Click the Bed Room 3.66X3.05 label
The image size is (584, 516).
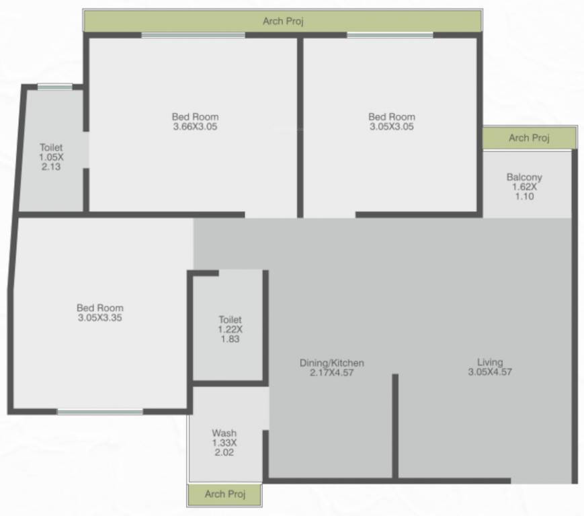pos(195,122)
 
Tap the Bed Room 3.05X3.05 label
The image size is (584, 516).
pos(392,122)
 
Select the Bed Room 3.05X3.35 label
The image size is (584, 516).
pos(99,313)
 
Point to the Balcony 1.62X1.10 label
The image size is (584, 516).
pos(524,187)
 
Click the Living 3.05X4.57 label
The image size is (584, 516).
pos(490,367)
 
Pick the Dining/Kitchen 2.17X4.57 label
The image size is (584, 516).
pos(331,368)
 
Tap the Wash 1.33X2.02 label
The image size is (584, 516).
pos(224,443)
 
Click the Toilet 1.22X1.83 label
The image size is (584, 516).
pos(229,330)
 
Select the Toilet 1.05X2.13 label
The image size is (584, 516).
pos(50,157)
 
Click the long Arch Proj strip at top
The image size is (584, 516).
pos(283,21)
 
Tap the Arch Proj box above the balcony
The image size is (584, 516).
pos(529,138)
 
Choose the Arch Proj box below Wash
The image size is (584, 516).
pos(224,494)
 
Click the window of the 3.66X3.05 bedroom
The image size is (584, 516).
pos(193,35)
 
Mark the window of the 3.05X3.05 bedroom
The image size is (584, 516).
pos(390,35)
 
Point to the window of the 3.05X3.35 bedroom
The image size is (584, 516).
pos(100,411)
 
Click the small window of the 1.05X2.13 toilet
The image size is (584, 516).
pos(54,87)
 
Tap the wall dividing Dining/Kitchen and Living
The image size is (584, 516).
pos(395,426)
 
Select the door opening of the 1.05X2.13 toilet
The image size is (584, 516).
pos(86,150)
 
